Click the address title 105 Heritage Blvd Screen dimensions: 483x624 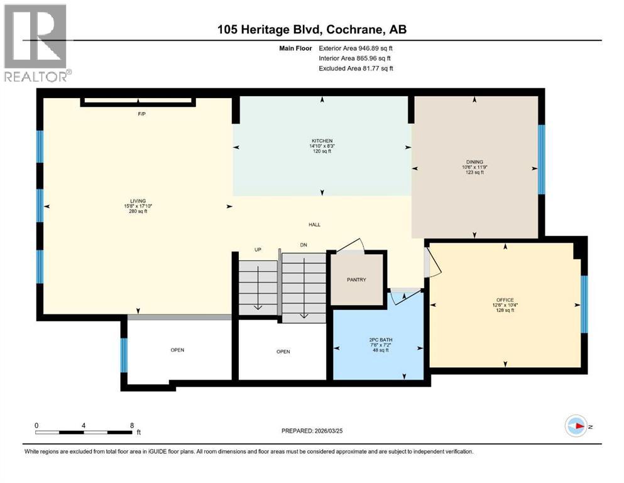[311, 29]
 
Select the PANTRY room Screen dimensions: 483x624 [356, 280]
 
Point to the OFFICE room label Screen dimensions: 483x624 [505, 300]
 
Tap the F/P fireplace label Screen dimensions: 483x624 [142, 114]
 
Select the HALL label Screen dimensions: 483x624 [314, 225]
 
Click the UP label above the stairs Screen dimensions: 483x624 [257, 249]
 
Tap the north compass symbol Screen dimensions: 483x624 [577, 427]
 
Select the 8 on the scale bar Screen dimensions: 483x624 [131, 425]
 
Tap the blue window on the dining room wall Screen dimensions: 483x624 [542, 159]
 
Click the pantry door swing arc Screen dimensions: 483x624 [354, 245]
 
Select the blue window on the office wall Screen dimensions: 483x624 [584, 304]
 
